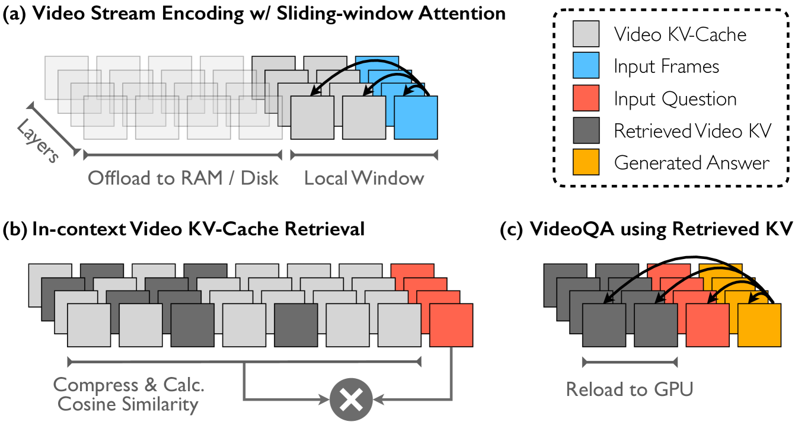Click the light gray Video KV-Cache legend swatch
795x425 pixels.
(x=587, y=35)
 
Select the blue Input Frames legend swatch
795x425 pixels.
(x=587, y=66)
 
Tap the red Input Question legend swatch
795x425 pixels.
(x=587, y=99)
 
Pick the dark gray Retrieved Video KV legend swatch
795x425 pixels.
(x=587, y=131)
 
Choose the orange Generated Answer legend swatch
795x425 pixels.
(x=587, y=163)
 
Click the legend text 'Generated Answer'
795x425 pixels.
(x=692, y=163)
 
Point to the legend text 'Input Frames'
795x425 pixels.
(x=666, y=66)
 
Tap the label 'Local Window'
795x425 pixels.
(x=364, y=178)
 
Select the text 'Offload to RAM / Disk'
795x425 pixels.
(x=183, y=178)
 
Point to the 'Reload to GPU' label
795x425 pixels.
(x=630, y=389)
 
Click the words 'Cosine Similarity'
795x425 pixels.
(x=126, y=405)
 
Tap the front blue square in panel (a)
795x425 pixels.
(x=416, y=117)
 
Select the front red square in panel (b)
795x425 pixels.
(x=451, y=325)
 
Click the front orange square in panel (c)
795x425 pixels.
(x=759, y=325)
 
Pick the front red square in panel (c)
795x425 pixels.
(x=707, y=325)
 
